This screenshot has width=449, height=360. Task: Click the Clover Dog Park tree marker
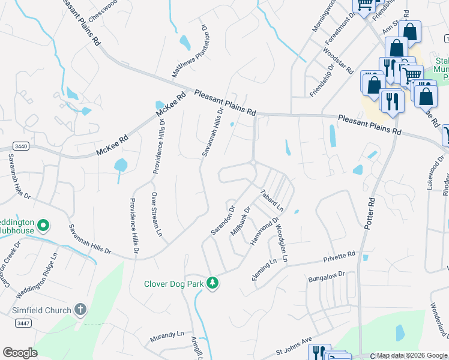pyautogui.click(x=212, y=283)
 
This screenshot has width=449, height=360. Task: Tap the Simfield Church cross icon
pyautogui.click(x=81, y=310)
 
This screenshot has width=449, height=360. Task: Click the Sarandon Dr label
pyautogui.click(x=221, y=221)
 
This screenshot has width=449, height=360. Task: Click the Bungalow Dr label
pyautogui.click(x=327, y=277)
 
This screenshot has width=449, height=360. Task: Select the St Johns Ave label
pyautogui.click(x=294, y=346)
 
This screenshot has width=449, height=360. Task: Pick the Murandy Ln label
pyautogui.click(x=167, y=336)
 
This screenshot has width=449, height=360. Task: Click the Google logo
pyautogui.click(x=20, y=353)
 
